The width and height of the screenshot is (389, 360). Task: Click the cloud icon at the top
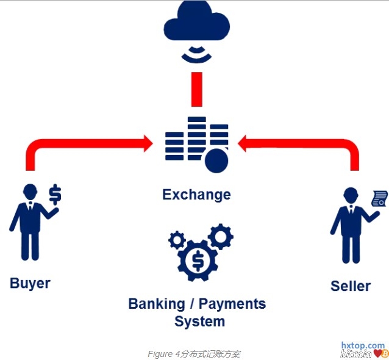(x=196, y=23)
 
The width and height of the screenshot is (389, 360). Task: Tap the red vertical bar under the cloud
(x=196, y=89)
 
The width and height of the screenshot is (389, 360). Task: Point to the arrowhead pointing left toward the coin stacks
(x=245, y=144)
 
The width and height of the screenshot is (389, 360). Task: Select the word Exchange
(x=196, y=195)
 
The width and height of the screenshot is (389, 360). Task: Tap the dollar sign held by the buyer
(x=55, y=193)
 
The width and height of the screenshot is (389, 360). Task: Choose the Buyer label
(x=30, y=283)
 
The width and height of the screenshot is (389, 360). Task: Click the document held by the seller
(x=380, y=199)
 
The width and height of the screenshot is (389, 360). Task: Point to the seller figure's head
(x=350, y=195)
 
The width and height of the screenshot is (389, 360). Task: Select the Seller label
(x=351, y=286)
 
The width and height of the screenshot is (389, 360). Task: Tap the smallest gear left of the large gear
(x=177, y=240)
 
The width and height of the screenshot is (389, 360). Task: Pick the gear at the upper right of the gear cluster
(x=219, y=235)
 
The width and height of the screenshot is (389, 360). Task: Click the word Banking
(x=157, y=303)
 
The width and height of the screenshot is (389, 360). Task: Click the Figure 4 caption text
(x=194, y=354)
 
